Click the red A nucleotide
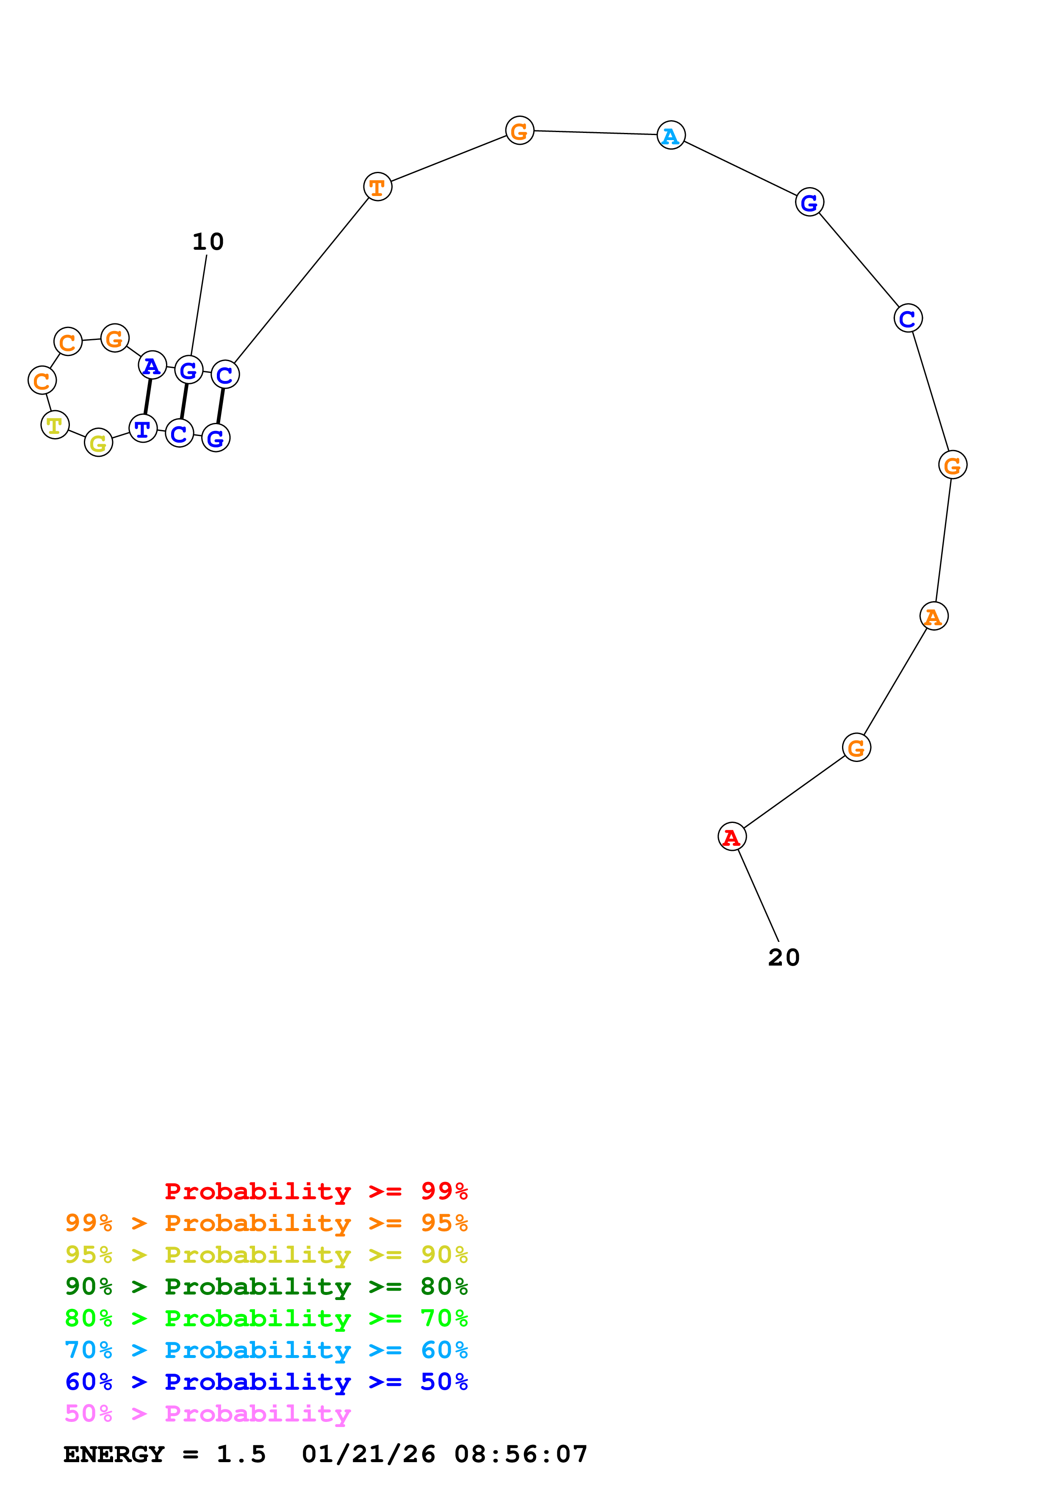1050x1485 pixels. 732,836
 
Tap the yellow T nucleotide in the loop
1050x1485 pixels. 55,425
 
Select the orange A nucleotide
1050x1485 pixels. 933,616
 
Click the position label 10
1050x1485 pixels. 208,242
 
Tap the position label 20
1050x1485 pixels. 784,957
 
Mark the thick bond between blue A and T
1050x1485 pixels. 147,397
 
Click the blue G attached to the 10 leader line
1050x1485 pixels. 188,370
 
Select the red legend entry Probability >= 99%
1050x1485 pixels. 316,1191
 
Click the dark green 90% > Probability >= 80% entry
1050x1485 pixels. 266,1286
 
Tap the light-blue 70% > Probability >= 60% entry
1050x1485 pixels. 266,1350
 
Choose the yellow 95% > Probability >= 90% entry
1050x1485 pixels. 266,1255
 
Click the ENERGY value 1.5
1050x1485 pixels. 241,1454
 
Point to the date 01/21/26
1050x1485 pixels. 368,1454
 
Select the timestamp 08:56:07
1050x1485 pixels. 521,1454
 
